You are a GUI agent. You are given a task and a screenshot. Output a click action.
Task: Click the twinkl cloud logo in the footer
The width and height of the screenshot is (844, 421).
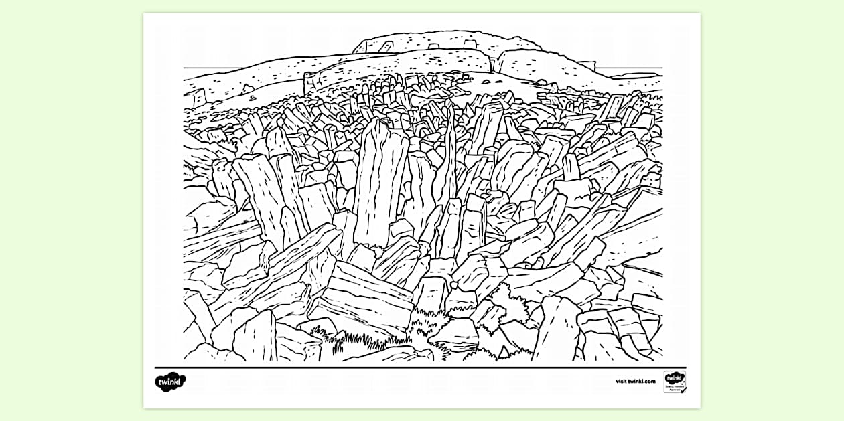[x=169, y=382]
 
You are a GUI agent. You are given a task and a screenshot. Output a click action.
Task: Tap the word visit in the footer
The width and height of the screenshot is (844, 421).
[x=622, y=382]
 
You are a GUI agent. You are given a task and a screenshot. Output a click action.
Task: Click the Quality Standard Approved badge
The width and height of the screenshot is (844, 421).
[x=675, y=382]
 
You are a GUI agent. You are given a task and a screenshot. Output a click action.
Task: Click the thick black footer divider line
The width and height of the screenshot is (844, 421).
[x=422, y=367]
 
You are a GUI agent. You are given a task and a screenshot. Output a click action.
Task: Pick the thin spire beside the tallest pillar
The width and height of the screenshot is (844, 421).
[x=447, y=161]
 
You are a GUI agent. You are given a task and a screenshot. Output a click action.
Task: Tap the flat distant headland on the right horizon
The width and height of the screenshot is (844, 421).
[x=630, y=74]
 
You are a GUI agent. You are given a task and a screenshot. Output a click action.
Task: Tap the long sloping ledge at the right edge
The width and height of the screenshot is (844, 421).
[x=630, y=234]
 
